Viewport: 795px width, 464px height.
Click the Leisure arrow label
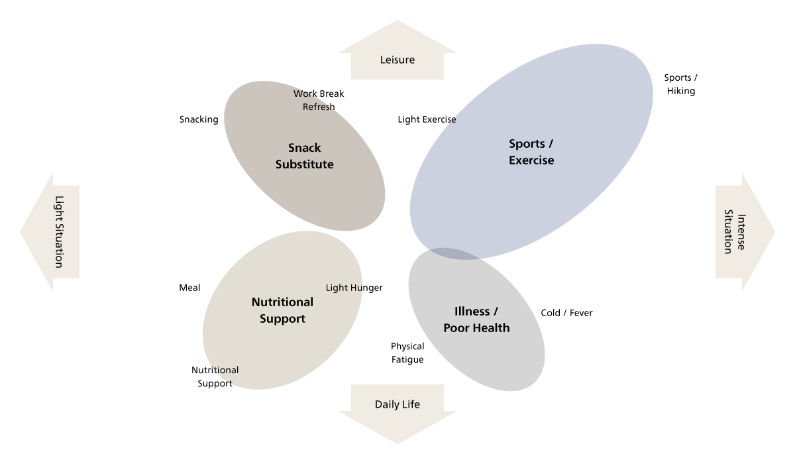point(397,60)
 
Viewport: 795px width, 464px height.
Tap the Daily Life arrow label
point(397,404)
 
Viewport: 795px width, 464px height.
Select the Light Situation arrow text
point(59,232)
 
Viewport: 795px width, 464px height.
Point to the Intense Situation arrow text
point(735,232)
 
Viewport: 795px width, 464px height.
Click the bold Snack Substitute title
point(305,156)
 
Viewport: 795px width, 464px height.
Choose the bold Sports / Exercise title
point(531,152)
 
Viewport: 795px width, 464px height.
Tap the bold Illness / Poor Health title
point(476,319)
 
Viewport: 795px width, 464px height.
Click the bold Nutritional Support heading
point(282,310)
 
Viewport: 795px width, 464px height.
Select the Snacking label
point(199,119)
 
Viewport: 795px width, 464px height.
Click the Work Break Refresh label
point(319,100)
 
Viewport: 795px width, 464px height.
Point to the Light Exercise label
point(427,119)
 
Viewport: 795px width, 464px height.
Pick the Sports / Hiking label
point(681,84)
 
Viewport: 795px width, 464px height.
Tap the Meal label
point(189,288)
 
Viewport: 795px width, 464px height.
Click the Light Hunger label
point(354,288)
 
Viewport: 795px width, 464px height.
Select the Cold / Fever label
point(566,313)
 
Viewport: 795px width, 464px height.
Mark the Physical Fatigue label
point(407,353)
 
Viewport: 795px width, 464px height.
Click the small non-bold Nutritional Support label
point(215,377)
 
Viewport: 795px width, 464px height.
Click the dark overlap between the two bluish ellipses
point(450,253)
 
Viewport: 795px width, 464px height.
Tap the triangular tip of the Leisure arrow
point(397,21)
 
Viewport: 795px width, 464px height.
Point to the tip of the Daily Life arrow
point(397,443)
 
